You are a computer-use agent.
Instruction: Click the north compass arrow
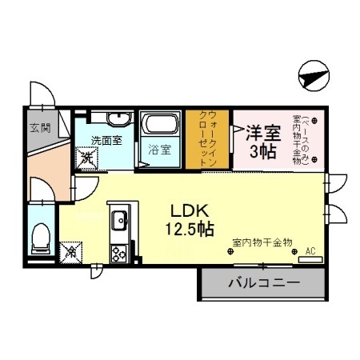(312, 78)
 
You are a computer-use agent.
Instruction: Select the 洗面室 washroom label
(105, 141)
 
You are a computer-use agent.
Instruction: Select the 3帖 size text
(263, 152)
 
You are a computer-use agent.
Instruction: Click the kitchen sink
(119, 219)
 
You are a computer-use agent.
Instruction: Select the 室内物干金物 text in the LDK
(262, 241)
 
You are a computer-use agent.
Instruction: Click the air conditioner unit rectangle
(310, 259)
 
